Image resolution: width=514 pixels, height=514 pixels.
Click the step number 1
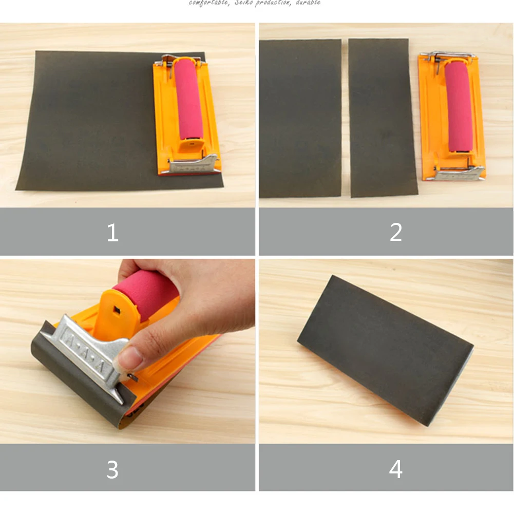pos(112,233)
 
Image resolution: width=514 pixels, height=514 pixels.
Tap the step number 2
pos(395,233)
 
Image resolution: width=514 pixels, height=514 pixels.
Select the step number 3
pos(112,469)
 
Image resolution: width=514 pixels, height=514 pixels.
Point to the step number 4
pos(395,469)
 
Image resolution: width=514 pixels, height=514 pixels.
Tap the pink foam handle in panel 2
pos(459,105)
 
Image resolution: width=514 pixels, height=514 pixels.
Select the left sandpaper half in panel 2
pos(300,118)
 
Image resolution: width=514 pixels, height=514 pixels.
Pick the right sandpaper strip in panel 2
pos(382,118)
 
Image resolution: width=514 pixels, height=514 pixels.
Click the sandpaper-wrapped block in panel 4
pos(385,349)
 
